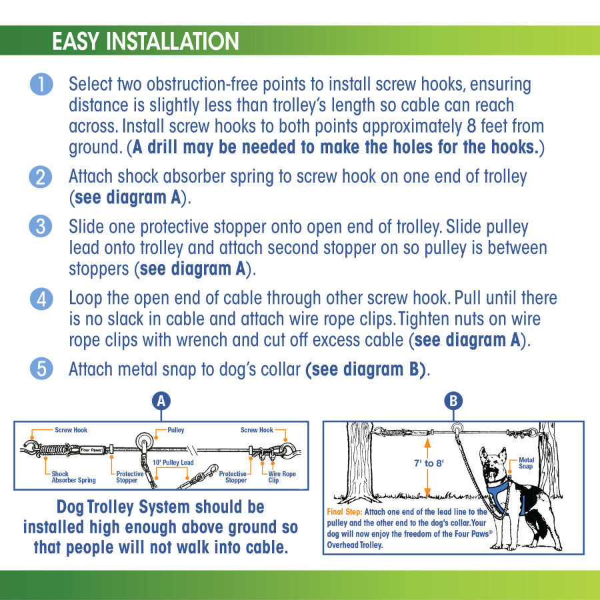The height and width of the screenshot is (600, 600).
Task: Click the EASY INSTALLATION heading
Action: [x=145, y=41]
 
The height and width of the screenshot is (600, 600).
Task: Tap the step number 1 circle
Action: [x=41, y=84]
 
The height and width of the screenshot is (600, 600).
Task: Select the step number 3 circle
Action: [x=41, y=227]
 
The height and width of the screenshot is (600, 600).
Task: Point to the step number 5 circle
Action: [x=41, y=369]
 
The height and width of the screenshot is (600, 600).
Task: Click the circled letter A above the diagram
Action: [x=161, y=401]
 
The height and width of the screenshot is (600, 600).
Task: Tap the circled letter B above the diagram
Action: [x=453, y=401]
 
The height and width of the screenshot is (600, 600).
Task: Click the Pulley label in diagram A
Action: [x=175, y=430]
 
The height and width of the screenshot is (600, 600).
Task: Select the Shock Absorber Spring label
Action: [x=73, y=477]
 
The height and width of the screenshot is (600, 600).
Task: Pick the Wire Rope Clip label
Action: [x=282, y=477]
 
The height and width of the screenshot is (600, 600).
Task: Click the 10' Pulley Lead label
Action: [x=173, y=462]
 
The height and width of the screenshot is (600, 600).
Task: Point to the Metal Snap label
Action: [x=526, y=463]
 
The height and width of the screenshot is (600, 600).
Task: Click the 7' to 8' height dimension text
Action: [x=429, y=463]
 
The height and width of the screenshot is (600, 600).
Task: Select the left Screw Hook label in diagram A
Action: [x=71, y=430]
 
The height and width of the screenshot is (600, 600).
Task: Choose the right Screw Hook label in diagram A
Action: [x=257, y=430]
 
